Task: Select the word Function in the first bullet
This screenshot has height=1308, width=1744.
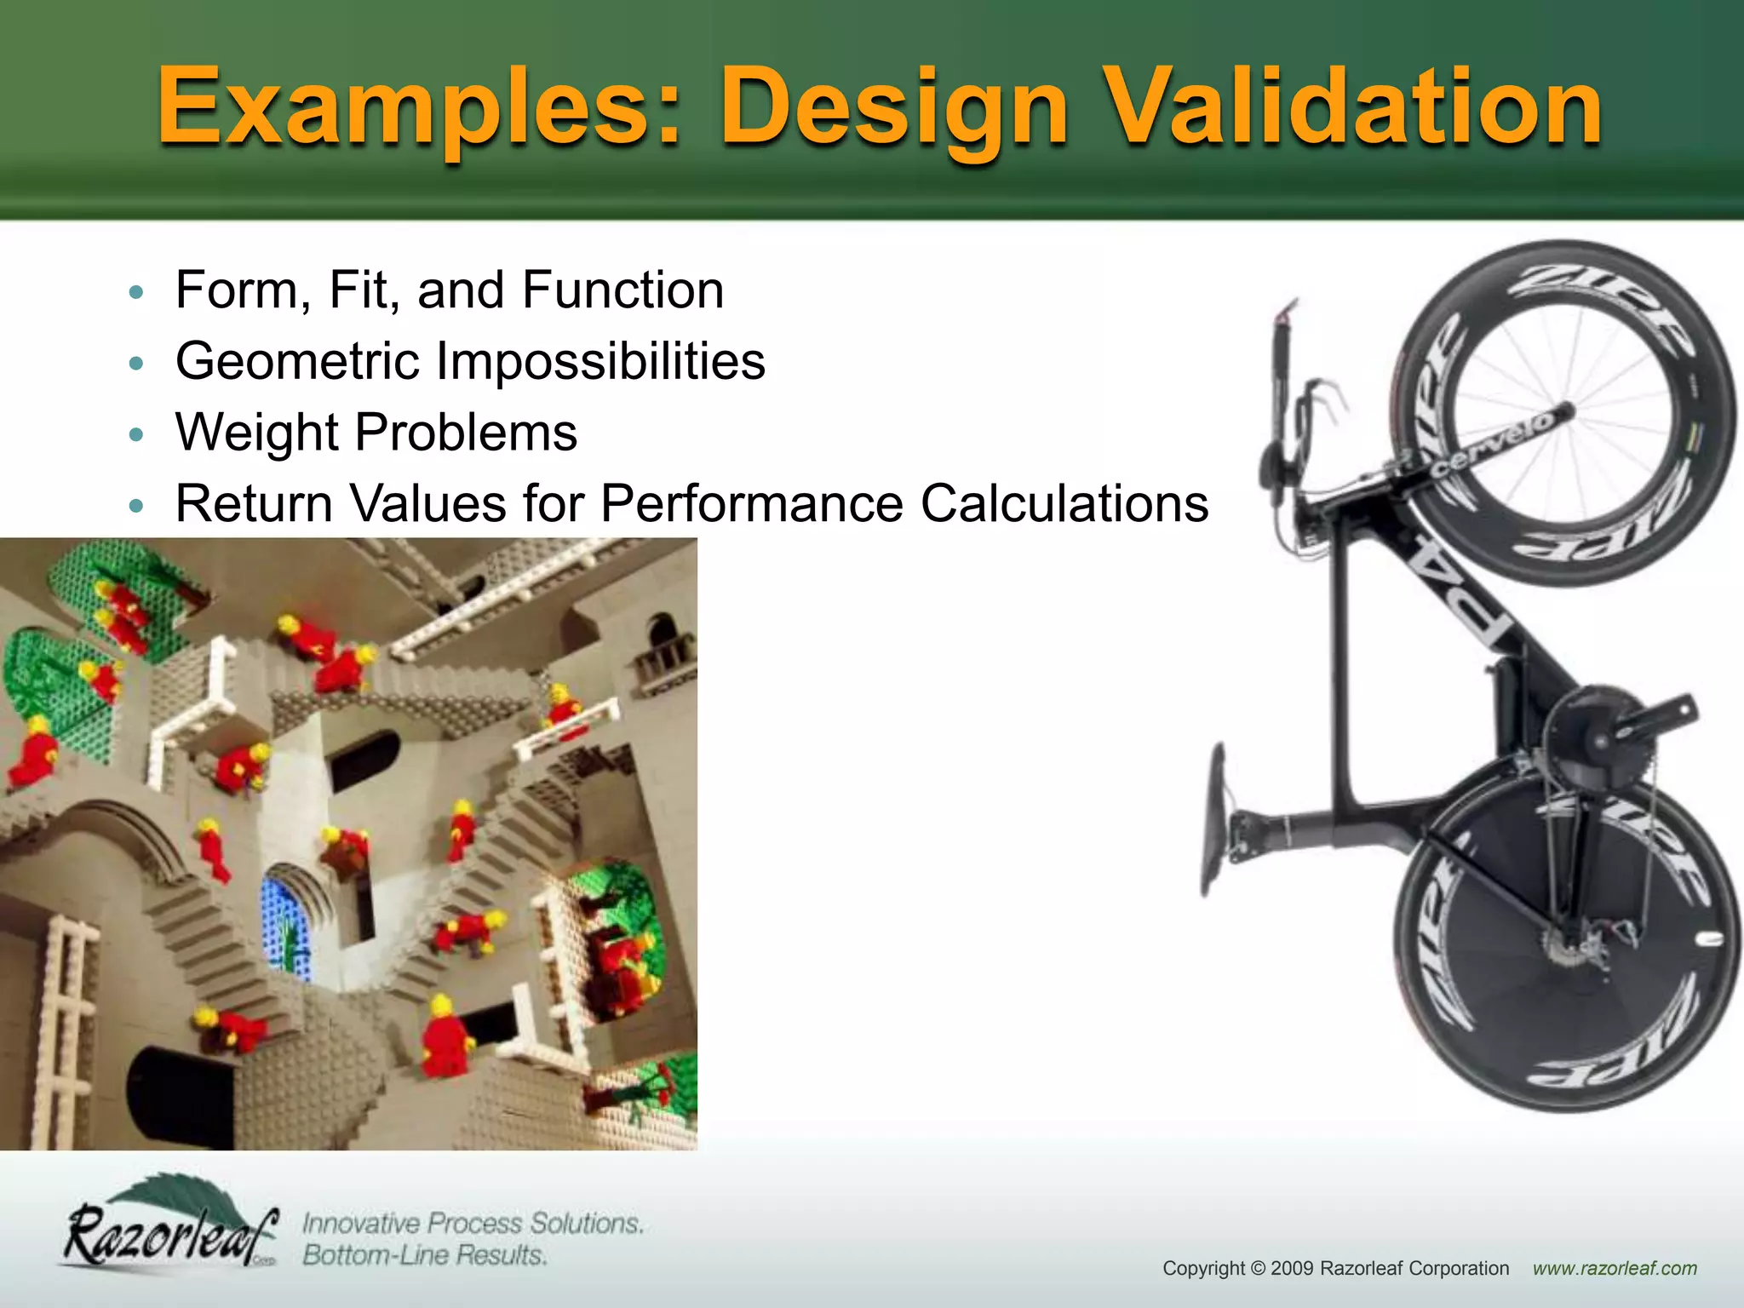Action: click(622, 290)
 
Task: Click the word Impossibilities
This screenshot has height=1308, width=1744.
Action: click(600, 361)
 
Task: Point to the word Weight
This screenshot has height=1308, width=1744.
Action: click(256, 433)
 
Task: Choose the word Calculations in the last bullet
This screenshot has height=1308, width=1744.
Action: click(1064, 503)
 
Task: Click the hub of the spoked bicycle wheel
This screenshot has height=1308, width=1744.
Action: click(1565, 412)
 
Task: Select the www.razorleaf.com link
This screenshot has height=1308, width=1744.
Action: click(1615, 1268)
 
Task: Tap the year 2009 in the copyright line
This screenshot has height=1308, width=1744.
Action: click(1292, 1268)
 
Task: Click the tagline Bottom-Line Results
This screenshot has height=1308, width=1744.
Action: click(424, 1255)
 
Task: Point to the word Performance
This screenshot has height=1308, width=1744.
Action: click(751, 503)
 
